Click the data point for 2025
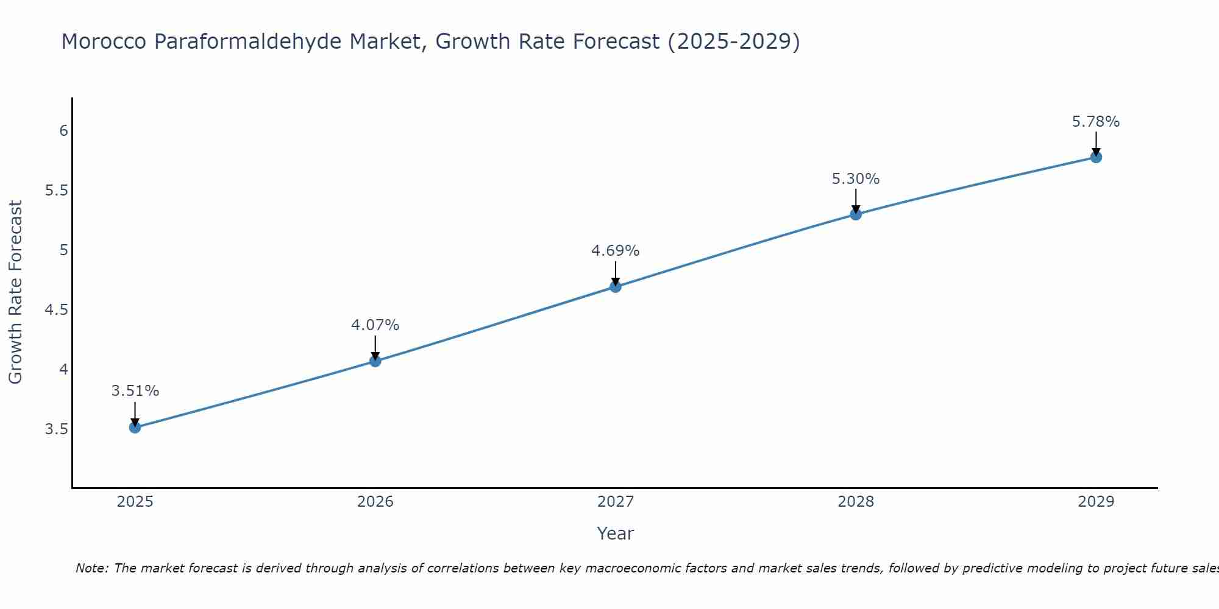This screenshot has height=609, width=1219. [x=135, y=428]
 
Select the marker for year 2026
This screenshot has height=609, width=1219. [x=375, y=361]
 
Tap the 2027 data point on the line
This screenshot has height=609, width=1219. [x=616, y=287]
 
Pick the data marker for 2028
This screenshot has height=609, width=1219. [x=856, y=214]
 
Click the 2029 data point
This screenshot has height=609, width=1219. [x=1096, y=157]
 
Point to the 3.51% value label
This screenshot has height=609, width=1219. [x=135, y=391]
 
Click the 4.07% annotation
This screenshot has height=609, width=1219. [x=375, y=325]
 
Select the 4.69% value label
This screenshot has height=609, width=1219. [x=616, y=251]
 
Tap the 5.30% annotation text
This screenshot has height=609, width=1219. [x=856, y=179]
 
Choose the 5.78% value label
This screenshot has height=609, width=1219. [x=1096, y=122]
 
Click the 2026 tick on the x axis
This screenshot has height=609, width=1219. [x=375, y=502]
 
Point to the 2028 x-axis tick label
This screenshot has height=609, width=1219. [x=856, y=502]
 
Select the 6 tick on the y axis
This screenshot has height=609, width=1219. [x=63, y=131]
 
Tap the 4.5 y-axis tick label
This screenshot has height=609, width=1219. [x=57, y=310]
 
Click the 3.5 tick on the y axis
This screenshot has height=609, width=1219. [x=57, y=429]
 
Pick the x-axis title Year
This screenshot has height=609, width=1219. [x=616, y=533]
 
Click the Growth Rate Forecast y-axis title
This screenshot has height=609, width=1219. [x=16, y=292]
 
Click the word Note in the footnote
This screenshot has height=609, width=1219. [x=91, y=568]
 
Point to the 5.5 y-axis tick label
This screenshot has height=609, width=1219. [x=57, y=191]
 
